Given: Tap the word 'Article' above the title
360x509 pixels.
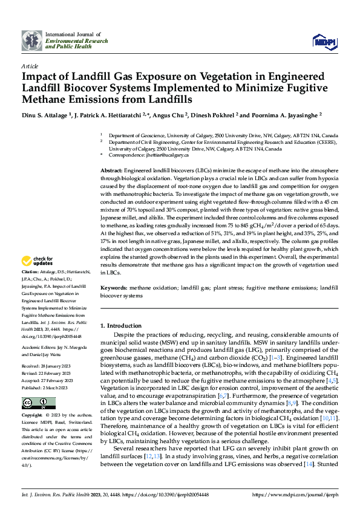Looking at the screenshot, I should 30,66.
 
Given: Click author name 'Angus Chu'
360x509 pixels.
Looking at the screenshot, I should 167,114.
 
